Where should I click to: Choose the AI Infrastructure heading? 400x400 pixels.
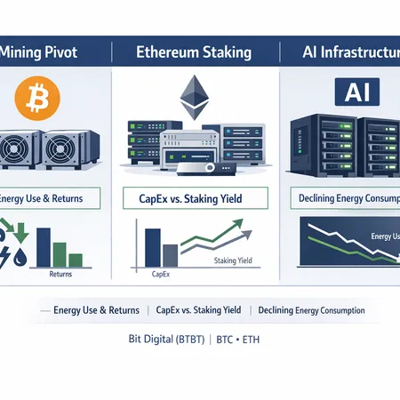coord(342,52)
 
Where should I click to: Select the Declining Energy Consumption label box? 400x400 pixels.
coord(342,197)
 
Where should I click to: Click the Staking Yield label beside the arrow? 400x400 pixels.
coord(234,260)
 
